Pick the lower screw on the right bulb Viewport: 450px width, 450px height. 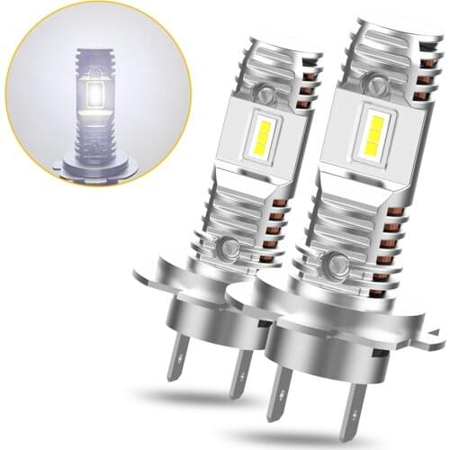pos(339,264)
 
